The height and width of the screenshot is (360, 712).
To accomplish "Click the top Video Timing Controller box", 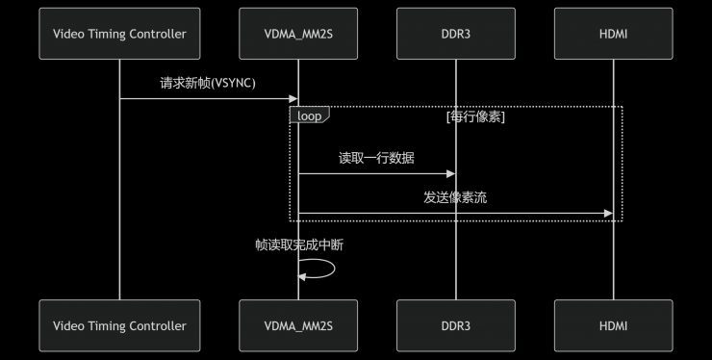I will point(119,34).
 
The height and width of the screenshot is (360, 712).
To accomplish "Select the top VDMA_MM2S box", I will point(298,34).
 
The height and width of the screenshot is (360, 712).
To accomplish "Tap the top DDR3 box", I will point(456,34).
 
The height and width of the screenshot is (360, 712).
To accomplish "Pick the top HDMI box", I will point(613,34).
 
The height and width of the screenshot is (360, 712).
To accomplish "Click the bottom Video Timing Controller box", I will point(119,325).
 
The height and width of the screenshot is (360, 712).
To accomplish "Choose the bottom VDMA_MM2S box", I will point(298,325).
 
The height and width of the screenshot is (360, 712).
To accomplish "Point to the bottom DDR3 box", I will point(456,325).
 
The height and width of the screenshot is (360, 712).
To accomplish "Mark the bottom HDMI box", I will point(613,325).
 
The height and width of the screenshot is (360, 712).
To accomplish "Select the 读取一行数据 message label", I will point(376,158).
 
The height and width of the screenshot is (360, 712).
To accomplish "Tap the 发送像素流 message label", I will point(455,197).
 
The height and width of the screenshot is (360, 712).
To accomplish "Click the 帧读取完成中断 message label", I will point(299,244).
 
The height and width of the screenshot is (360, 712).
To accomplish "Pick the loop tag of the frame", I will point(309,115).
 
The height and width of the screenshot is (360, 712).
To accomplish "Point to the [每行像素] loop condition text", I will point(475,116).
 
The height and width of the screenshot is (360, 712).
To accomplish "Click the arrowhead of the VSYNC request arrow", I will point(293,98).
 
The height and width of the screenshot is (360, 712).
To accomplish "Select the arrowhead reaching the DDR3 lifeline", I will point(450,173).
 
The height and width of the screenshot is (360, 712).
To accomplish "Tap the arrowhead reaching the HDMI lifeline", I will point(607,213).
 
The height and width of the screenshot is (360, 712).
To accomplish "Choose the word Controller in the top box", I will point(154,34).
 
